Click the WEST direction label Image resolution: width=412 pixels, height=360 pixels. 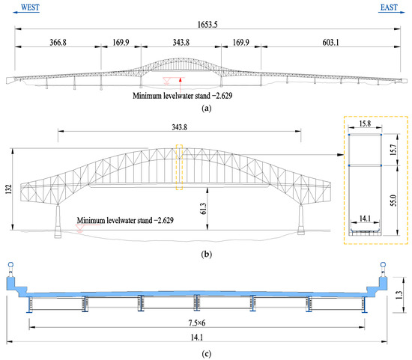tap(30, 7)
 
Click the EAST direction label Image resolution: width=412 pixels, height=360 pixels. tap(389, 7)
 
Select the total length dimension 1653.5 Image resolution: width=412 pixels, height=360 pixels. tap(207, 25)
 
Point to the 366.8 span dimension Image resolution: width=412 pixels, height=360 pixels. tap(58, 42)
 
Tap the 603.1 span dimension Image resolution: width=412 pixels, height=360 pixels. tap(330, 42)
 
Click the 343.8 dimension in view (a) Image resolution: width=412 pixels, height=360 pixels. tap(181, 42)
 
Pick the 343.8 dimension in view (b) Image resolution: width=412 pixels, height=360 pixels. tap(180, 127)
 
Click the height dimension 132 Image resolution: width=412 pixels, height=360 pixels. tap(9, 189)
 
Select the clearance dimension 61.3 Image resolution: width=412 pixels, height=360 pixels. tap(203, 209)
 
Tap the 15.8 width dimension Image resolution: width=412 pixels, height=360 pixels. tap(365, 123)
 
